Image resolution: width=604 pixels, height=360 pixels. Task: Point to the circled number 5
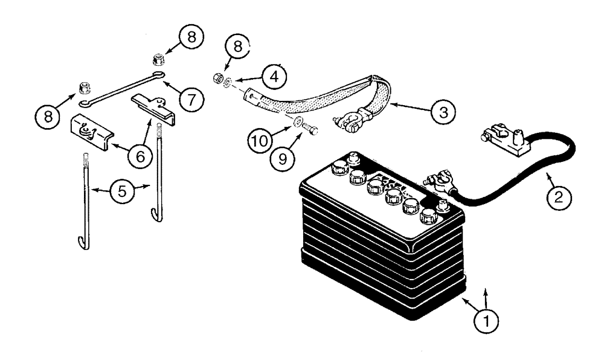(x=123, y=191)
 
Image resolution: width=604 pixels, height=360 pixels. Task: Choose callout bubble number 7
(x=191, y=100)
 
